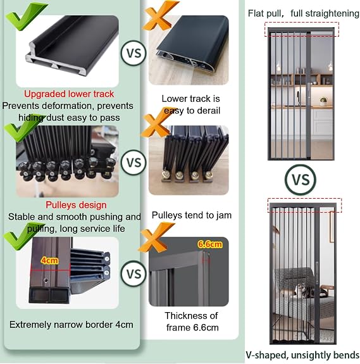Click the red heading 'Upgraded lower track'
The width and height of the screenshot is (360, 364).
69,94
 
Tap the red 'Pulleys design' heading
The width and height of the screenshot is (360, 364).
76,205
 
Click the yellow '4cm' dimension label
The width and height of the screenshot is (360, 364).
49,260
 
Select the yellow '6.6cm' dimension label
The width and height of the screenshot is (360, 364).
209,244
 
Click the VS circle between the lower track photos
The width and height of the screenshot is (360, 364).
133,53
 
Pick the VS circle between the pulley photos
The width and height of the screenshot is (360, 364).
133,162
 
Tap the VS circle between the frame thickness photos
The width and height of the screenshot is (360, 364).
133,273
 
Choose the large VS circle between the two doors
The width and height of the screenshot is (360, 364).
301,180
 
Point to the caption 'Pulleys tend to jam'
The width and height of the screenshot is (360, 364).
192,215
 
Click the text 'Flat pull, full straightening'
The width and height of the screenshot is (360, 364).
304,13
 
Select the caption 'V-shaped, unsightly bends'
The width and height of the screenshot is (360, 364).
302,355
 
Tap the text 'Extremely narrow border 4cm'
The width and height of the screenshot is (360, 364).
71,325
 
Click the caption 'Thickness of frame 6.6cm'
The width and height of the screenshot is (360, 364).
192,322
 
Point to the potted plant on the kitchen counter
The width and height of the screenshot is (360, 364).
323,101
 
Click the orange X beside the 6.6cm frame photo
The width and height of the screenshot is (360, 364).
156,237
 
